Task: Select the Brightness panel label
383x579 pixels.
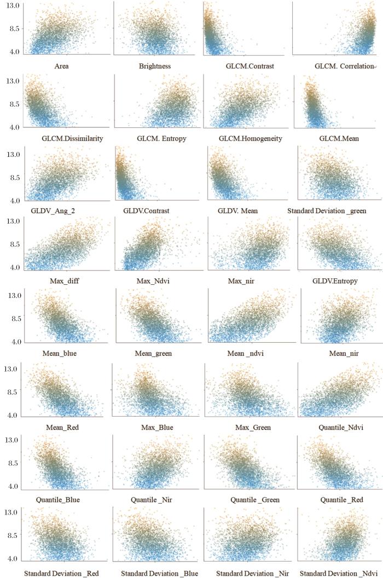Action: pos(155,66)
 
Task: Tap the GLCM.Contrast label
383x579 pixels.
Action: pos(246,66)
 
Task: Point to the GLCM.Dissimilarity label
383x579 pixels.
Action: pos(72,138)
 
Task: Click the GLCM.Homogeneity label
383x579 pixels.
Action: pos(250,138)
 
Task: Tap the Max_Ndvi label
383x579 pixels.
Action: pos(154,281)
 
